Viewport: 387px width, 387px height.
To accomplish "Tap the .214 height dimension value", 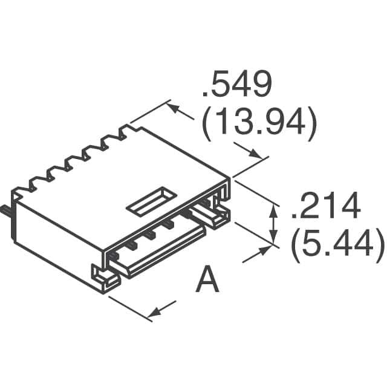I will point(326,206).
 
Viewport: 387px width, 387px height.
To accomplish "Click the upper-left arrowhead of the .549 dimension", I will point(172,109).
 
